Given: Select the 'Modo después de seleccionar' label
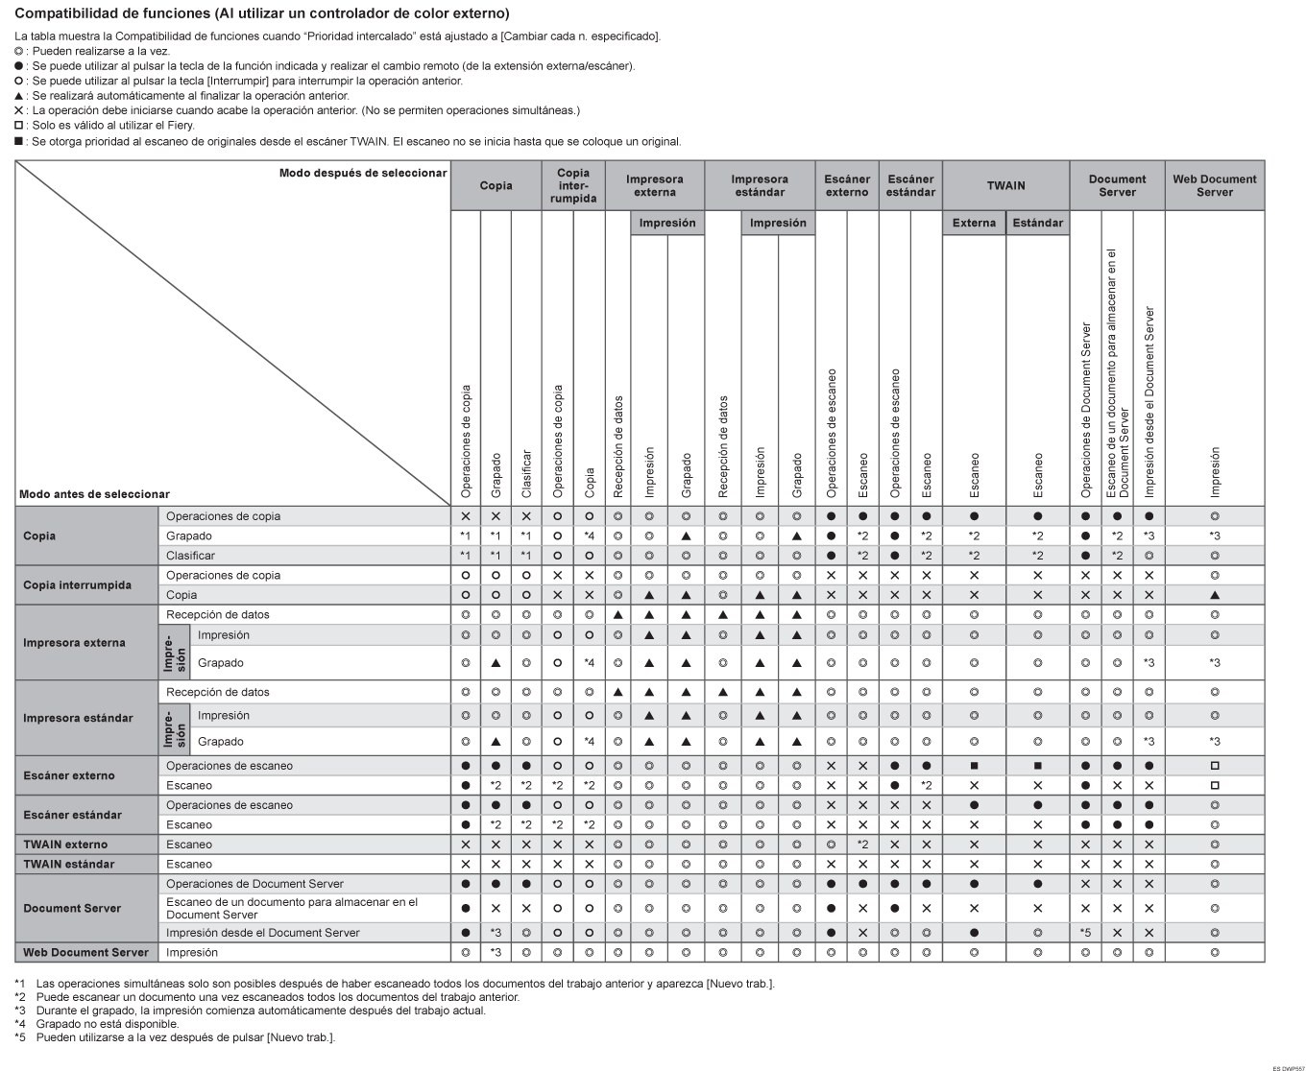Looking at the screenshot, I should tap(362, 173).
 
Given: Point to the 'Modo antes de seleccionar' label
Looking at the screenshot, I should tap(94, 494).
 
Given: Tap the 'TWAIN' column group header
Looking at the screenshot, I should tap(1005, 185).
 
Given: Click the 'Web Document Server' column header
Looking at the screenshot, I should tap(1214, 185).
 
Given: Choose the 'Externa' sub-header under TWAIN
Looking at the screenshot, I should tap(974, 223).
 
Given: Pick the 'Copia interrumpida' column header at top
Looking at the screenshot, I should tap(573, 185).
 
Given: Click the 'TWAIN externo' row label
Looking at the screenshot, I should tap(65, 845).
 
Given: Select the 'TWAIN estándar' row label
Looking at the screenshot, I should tap(68, 864).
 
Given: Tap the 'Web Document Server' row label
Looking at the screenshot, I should tap(85, 952).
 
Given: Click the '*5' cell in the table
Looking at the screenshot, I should tap(1085, 933).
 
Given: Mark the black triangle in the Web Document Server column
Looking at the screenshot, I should tap(1215, 595).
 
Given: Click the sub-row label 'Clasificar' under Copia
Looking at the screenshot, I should tap(190, 556).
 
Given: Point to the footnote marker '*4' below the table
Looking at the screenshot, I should tap(19, 1023).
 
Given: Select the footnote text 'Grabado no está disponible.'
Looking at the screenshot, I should tap(108, 1023).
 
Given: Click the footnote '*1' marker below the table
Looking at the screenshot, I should tap(19, 984).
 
